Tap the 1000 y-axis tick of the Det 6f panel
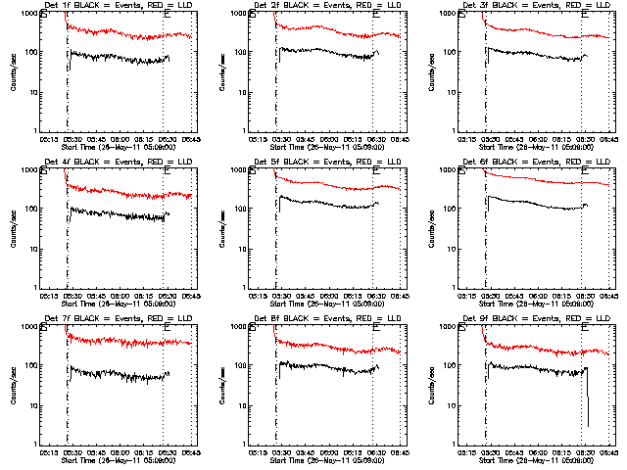pyautogui.click(x=450, y=169)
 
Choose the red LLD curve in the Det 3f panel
pyautogui.click(x=529, y=32)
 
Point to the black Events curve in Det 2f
pyautogui.click(x=323, y=53)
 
